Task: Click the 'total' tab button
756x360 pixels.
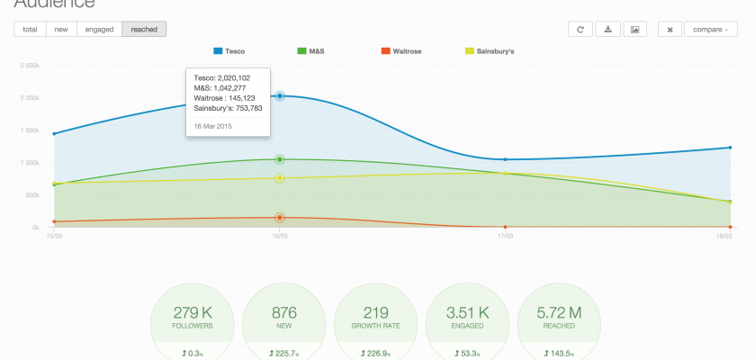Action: click(x=30, y=30)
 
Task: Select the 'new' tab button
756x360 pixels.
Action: click(x=61, y=30)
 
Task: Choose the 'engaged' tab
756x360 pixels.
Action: click(x=99, y=30)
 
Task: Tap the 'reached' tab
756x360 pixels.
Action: click(x=144, y=30)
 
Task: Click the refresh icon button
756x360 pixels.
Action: click(x=580, y=30)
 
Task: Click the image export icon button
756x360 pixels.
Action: click(x=635, y=30)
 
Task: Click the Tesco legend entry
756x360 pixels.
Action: click(x=229, y=51)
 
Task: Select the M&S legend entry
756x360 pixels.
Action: click(x=310, y=51)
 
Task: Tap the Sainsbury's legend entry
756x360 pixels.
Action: click(x=489, y=51)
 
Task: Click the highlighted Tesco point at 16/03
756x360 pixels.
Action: click(x=280, y=95)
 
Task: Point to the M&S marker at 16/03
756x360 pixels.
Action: click(x=280, y=159)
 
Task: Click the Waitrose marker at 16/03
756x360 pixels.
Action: click(x=280, y=217)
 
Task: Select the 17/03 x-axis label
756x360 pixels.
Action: click(x=506, y=236)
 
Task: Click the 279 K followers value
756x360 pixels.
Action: click(x=193, y=312)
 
